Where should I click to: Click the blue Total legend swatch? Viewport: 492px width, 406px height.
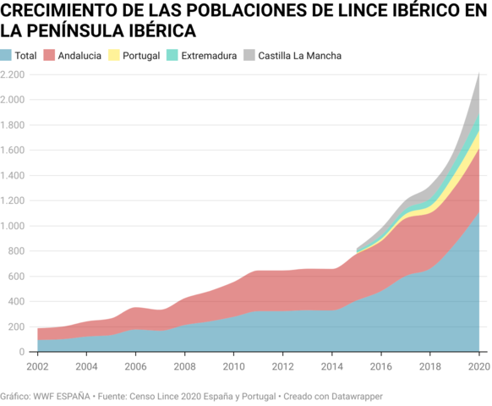tap(7, 56)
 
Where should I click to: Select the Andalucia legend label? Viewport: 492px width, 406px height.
tap(79, 56)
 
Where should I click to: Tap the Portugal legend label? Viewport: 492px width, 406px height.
tap(141, 56)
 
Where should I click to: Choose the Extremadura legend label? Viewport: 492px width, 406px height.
tap(208, 56)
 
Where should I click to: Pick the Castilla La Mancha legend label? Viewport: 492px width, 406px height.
tap(299, 56)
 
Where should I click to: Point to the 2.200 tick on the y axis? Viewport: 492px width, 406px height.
tap(13, 74)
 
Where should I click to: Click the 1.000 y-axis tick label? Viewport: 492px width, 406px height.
tap(13, 226)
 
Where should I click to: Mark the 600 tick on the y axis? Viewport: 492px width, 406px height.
tap(13, 277)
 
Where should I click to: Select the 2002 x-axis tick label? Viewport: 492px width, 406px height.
tap(37, 366)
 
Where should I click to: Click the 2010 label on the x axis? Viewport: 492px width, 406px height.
tap(233, 366)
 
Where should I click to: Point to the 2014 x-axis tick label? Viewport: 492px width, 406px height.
tap(331, 366)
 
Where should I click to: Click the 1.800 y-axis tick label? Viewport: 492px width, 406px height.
tap(13, 125)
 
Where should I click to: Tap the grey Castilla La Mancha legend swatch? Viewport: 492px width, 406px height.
tap(249, 56)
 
